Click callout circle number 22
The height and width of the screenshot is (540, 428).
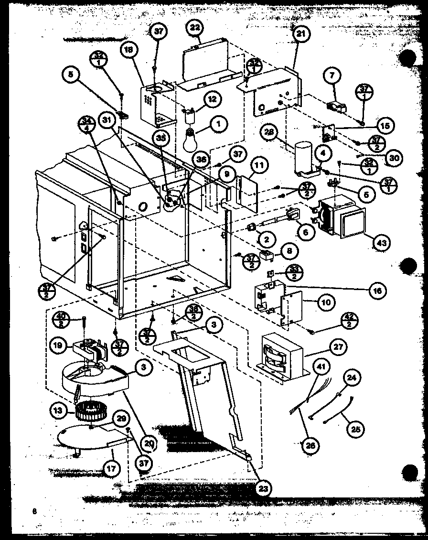[195, 28]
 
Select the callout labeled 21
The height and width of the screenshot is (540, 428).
[302, 33]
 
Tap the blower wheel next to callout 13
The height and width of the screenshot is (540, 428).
[87, 410]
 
